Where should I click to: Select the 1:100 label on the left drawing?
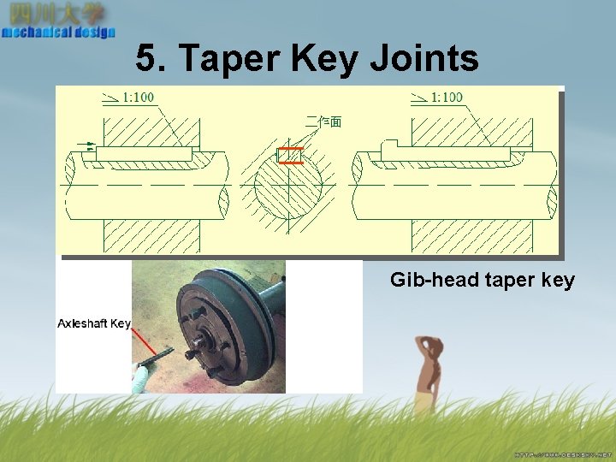(x=138, y=98)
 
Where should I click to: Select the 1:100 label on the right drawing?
(x=446, y=98)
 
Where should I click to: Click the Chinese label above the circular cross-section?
(x=323, y=122)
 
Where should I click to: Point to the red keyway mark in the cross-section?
(x=291, y=155)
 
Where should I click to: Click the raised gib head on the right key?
(x=387, y=146)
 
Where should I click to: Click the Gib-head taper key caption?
(x=483, y=280)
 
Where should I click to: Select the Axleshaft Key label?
(x=94, y=323)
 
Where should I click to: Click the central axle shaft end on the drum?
(x=203, y=343)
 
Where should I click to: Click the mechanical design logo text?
(x=58, y=33)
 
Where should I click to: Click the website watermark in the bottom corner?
(x=564, y=453)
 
